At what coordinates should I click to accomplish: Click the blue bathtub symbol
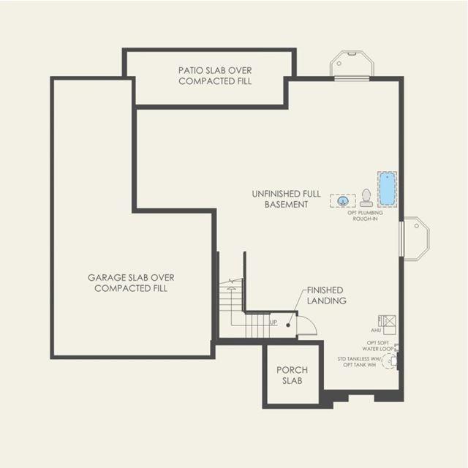tap(387, 189)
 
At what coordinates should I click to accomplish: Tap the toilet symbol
tap(366, 197)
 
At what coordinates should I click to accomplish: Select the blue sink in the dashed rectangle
tap(343, 201)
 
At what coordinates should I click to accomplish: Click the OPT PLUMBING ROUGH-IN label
tap(365, 216)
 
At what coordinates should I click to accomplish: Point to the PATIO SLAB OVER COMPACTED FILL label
tap(215, 76)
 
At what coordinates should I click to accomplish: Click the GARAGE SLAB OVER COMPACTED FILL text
tap(131, 283)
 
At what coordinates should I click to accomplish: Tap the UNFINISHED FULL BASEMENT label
tap(286, 199)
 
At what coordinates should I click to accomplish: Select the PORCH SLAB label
tap(292, 375)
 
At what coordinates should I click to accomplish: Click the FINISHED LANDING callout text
tap(327, 295)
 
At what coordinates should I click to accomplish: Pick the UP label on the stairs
tap(273, 322)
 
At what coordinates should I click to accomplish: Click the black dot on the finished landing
tap(288, 325)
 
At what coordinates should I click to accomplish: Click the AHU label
tap(375, 331)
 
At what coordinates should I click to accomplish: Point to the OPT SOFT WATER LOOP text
tap(378, 346)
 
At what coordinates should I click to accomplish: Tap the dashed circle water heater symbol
tap(389, 361)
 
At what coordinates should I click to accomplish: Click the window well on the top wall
tap(352, 64)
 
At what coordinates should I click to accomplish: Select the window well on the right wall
tap(415, 238)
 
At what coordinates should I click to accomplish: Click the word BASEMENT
tap(286, 205)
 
